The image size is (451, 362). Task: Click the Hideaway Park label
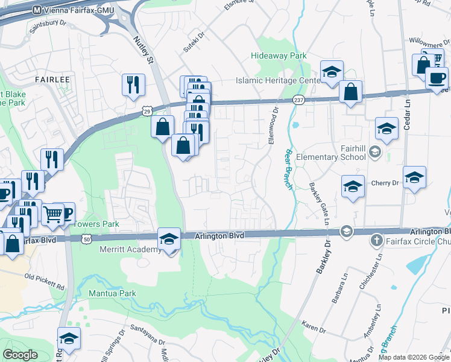[279, 56]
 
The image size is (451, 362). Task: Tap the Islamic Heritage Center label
[279, 80]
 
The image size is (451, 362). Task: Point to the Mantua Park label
[113, 293]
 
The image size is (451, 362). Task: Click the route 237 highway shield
[299, 100]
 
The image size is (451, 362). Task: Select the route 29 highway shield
[147, 111]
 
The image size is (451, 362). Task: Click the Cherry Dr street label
[386, 183]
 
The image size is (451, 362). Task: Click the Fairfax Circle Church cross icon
[377, 240]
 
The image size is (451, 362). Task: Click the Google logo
[20, 355]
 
